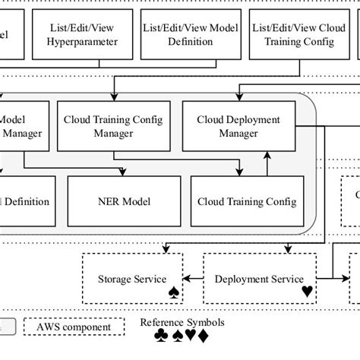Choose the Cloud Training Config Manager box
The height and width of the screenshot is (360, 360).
coord(113,127)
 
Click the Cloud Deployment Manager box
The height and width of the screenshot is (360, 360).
coord(238,127)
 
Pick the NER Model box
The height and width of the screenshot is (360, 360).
coord(125,201)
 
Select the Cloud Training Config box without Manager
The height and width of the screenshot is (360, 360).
coord(242,201)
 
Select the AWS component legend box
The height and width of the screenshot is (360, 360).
coord(74,327)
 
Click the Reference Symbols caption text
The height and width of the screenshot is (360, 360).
coord(182,322)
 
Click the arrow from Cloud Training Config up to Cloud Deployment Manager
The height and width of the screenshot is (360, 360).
coord(267,163)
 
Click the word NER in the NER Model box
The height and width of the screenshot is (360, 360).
coord(108,201)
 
